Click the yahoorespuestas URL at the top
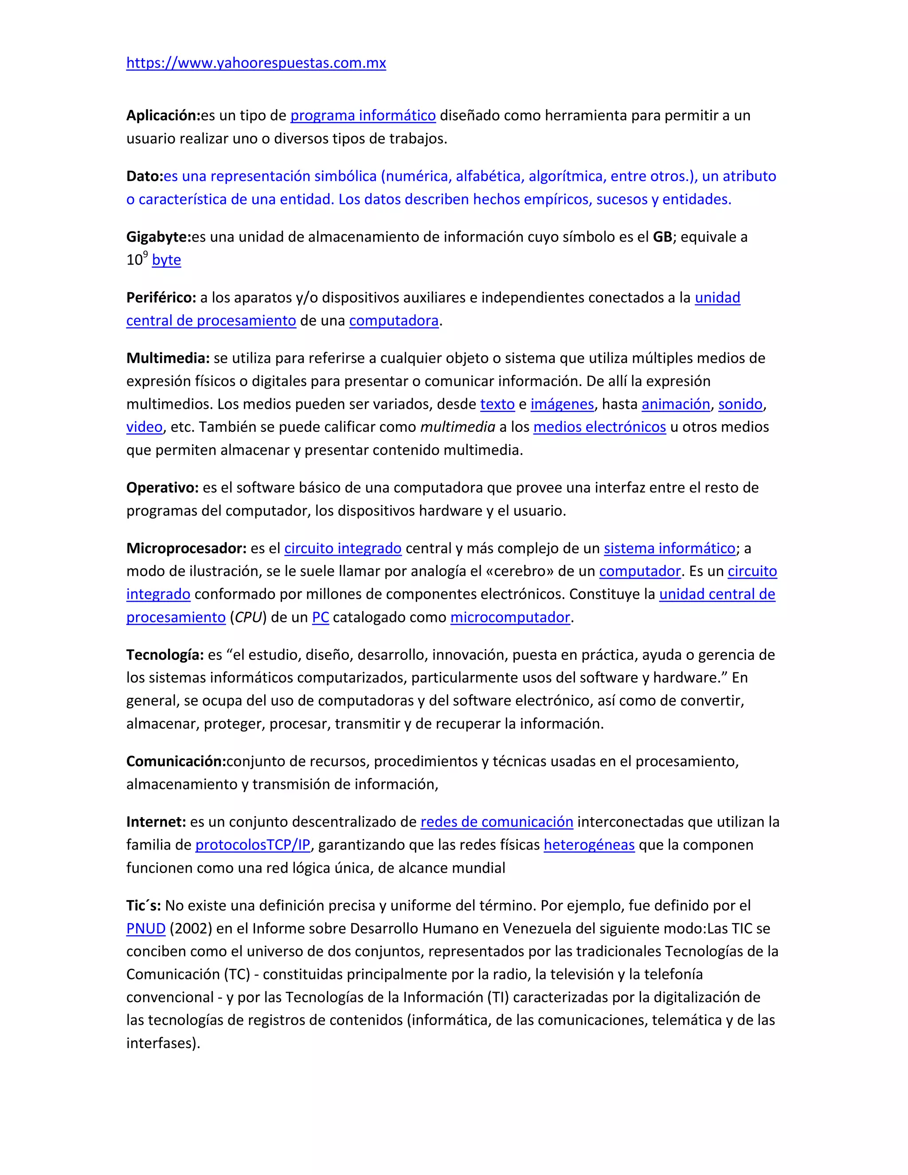click(x=256, y=63)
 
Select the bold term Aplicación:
click(x=163, y=115)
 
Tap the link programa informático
click(x=363, y=115)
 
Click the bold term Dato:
click(x=145, y=176)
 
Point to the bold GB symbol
click(x=662, y=237)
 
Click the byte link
click(x=166, y=260)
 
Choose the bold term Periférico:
click(x=161, y=298)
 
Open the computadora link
click(x=394, y=321)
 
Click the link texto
click(x=497, y=404)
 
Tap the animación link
click(x=676, y=404)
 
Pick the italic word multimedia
click(x=457, y=427)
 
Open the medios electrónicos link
click(x=599, y=427)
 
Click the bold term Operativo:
click(x=162, y=488)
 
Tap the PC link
click(x=320, y=617)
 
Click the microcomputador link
click(x=510, y=617)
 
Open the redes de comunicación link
click(x=497, y=822)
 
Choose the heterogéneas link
click(x=589, y=845)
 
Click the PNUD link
click(x=146, y=928)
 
